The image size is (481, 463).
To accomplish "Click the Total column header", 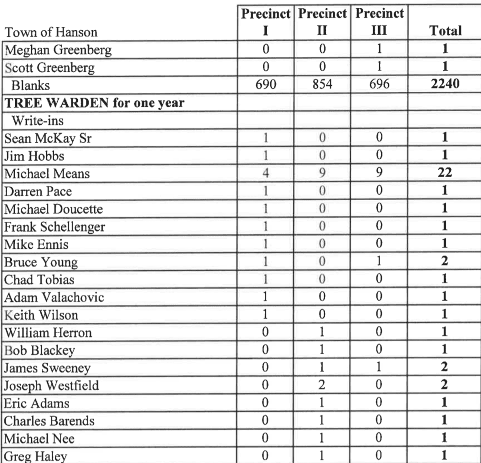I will point(445,31).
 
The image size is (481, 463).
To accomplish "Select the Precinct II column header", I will point(322,22).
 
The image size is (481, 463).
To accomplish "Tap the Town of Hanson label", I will point(51,32).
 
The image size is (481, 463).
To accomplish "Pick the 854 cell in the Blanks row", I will point(322,85).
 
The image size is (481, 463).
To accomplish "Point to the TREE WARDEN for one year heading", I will point(93,103).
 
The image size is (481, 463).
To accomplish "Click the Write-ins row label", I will point(37,121).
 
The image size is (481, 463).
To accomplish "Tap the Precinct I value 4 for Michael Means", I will point(265,174).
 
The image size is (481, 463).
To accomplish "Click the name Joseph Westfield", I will point(52,386).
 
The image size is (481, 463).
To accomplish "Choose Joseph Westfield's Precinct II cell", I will point(322,386).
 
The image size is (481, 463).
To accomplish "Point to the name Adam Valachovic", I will point(54,298).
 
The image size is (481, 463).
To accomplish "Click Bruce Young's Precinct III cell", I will point(379,262).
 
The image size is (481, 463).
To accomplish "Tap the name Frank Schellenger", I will point(54,227).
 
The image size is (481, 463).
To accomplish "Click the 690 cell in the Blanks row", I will point(265,85).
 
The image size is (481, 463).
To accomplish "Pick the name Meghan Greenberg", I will point(58,50).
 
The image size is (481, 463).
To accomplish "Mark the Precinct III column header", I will point(379,22).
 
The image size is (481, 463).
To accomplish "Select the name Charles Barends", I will point(49,421).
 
